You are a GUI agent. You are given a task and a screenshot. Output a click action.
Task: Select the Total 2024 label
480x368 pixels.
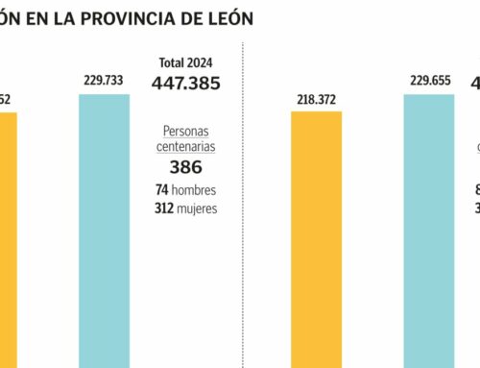[186, 63]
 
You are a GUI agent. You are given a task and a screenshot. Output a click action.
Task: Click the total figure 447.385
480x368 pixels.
[186, 84]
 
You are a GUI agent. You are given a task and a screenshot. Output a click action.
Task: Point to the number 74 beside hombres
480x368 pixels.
[161, 190]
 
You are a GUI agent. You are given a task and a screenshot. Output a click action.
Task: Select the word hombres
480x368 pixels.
[195, 190]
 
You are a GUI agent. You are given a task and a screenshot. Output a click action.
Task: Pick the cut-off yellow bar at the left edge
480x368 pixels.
[8, 240]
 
